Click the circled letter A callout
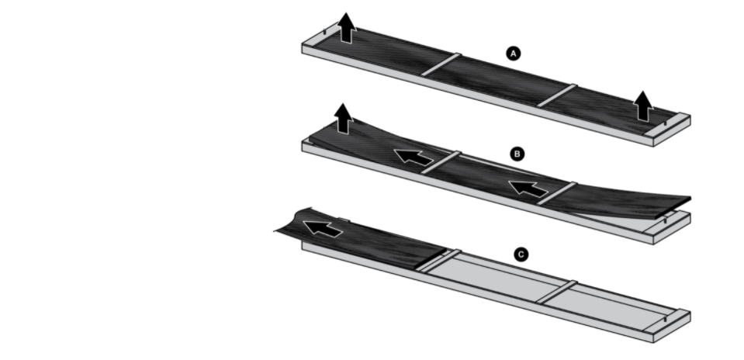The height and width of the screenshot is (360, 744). pyautogui.click(x=513, y=54)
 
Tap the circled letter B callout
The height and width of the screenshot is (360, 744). pyautogui.click(x=517, y=154)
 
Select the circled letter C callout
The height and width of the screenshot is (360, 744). pyautogui.click(x=521, y=254)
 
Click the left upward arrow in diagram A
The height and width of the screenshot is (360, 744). pyautogui.click(x=347, y=28)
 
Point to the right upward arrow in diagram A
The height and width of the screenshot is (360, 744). pyautogui.click(x=643, y=106)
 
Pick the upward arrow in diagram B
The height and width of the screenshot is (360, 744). pyautogui.click(x=343, y=119)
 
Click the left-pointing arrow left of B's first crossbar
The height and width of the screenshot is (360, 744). pyautogui.click(x=414, y=156)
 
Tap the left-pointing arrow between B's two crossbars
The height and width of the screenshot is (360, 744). pyautogui.click(x=528, y=189)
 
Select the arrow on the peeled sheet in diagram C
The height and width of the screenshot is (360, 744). pyautogui.click(x=323, y=228)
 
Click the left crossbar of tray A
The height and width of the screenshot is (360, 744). pyautogui.click(x=441, y=64)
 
